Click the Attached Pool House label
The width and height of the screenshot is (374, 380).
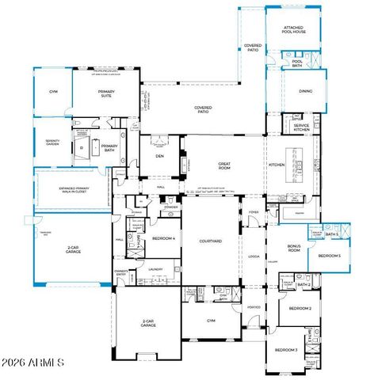294,30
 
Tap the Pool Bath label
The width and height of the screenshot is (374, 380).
297,63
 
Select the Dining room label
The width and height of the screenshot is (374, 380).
305,91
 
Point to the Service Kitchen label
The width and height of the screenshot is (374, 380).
301,127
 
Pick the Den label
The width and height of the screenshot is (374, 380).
159,156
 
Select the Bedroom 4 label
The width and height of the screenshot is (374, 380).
163,238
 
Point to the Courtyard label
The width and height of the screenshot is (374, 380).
210,241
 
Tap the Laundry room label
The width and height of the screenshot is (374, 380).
155,270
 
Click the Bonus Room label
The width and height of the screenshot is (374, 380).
294,248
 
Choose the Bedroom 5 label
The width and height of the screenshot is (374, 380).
329,256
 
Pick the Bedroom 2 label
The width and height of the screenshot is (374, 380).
299,308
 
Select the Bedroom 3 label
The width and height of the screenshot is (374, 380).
285,349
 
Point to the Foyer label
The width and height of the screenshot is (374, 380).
254,213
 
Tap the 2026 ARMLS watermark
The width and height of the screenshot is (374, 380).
34,363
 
